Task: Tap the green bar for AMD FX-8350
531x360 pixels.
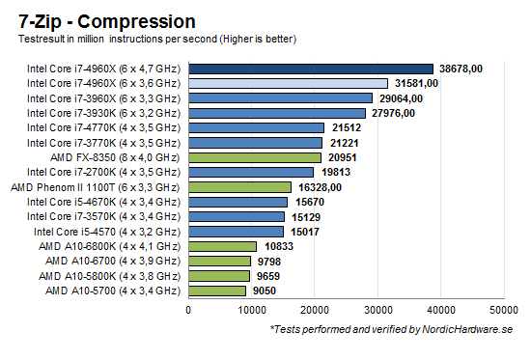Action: pos(254,157)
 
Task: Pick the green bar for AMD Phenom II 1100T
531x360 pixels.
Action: pos(239,187)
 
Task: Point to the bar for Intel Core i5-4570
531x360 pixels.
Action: pos(236,232)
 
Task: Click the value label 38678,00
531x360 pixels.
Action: pos(465,69)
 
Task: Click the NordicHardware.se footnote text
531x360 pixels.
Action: pos(391,331)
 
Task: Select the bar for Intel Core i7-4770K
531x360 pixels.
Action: pos(256,127)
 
